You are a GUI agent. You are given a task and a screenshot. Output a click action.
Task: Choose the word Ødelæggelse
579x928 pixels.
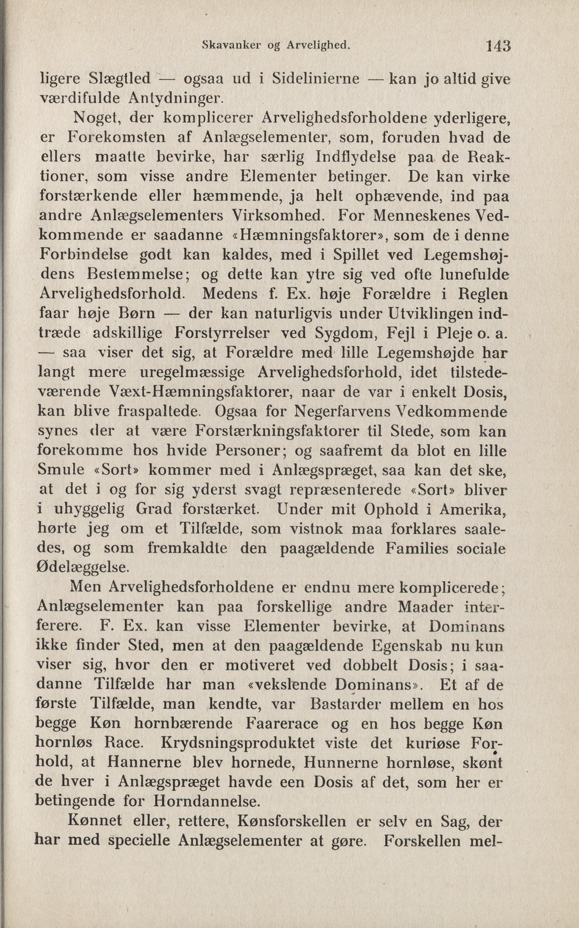pos(82,567)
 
